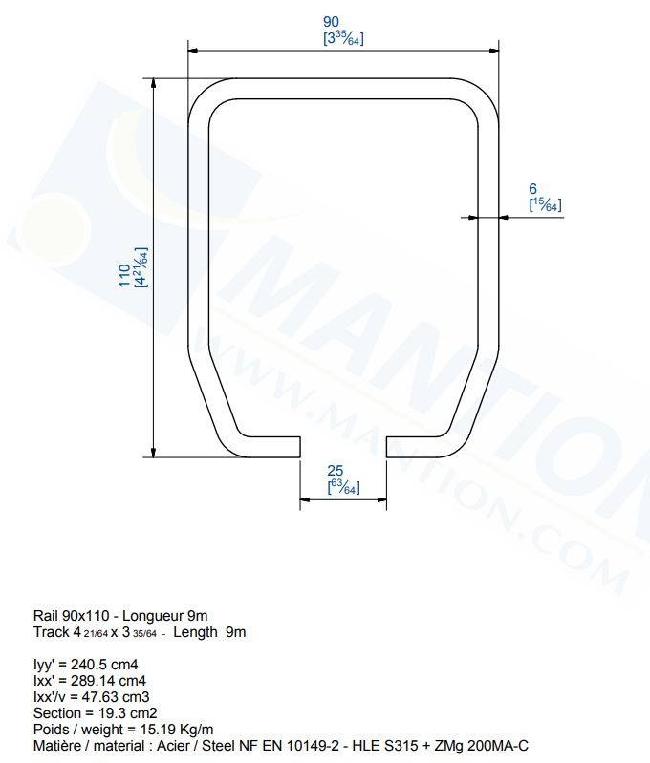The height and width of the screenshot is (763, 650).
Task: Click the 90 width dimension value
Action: (x=331, y=21)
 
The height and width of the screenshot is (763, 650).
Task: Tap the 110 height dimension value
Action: (x=124, y=275)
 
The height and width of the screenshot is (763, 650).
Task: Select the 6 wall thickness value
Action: (x=532, y=188)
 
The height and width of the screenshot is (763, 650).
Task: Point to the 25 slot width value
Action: (x=336, y=471)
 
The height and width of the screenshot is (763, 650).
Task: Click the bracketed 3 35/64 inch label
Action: (x=343, y=38)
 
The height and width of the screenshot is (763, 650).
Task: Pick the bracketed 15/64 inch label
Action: (x=545, y=205)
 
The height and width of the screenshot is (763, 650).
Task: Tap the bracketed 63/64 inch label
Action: (x=343, y=487)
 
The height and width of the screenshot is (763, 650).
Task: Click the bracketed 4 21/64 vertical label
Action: (x=141, y=267)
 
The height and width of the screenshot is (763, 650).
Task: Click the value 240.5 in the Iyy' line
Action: (x=89, y=665)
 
